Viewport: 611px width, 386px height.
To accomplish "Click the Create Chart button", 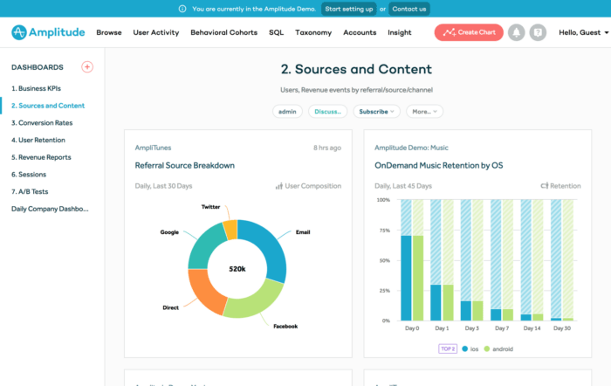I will tap(468, 32).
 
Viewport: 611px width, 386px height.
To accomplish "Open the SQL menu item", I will tap(276, 32).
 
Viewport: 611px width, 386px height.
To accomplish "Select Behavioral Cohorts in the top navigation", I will tap(223, 32).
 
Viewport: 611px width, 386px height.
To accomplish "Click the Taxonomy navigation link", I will tap(313, 32).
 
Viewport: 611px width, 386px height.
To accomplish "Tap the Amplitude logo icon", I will tap(21, 32).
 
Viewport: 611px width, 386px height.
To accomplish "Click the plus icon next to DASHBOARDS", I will tap(87, 67).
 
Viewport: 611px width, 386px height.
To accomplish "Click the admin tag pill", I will tap(287, 112).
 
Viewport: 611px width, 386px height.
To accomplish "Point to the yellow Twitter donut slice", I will tap(230, 229).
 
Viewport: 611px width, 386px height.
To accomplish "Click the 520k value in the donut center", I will tap(237, 268).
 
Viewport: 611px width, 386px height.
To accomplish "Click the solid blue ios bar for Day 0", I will tap(406, 278).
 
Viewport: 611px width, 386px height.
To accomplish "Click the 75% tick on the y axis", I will tap(383, 231).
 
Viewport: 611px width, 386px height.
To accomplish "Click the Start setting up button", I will tap(348, 9).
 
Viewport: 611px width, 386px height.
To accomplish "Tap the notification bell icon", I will tap(517, 32).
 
